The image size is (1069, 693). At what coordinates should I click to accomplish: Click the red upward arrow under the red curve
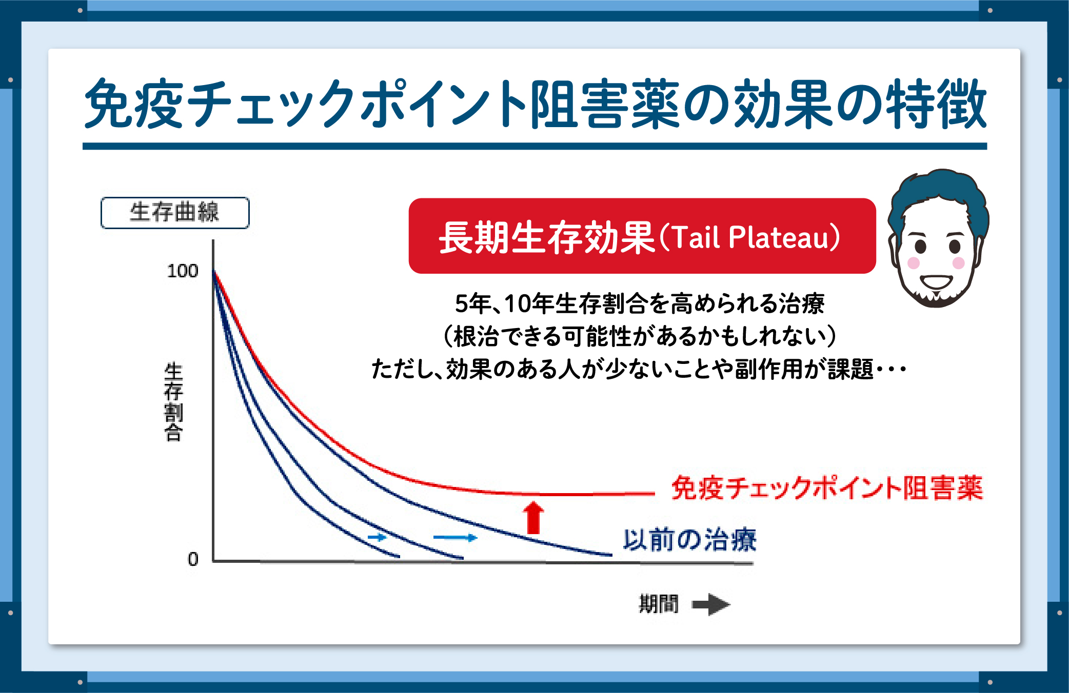click(533, 517)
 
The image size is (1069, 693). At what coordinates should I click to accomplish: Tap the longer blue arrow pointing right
click(456, 538)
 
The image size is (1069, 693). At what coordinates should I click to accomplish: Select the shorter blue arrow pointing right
click(377, 537)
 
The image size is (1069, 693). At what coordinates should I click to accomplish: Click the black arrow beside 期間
click(711, 604)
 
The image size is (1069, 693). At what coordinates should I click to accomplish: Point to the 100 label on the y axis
click(183, 271)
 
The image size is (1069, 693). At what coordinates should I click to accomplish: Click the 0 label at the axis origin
click(193, 559)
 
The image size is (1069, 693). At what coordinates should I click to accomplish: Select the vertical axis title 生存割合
click(173, 402)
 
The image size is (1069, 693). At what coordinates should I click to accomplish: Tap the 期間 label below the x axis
click(659, 604)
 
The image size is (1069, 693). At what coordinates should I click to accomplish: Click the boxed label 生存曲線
click(175, 212)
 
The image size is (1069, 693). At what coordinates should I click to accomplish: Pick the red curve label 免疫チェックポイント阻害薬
click(827, 487)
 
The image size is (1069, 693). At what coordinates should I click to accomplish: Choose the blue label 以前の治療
click(690, 540)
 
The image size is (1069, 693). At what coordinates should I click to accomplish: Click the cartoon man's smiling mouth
click(936, 282)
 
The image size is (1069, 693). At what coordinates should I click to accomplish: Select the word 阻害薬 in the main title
click(605, 104)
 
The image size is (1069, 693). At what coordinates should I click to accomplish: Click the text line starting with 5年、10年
click(640, 303)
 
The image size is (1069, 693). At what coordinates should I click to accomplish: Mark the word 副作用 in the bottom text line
click(768, 369)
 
